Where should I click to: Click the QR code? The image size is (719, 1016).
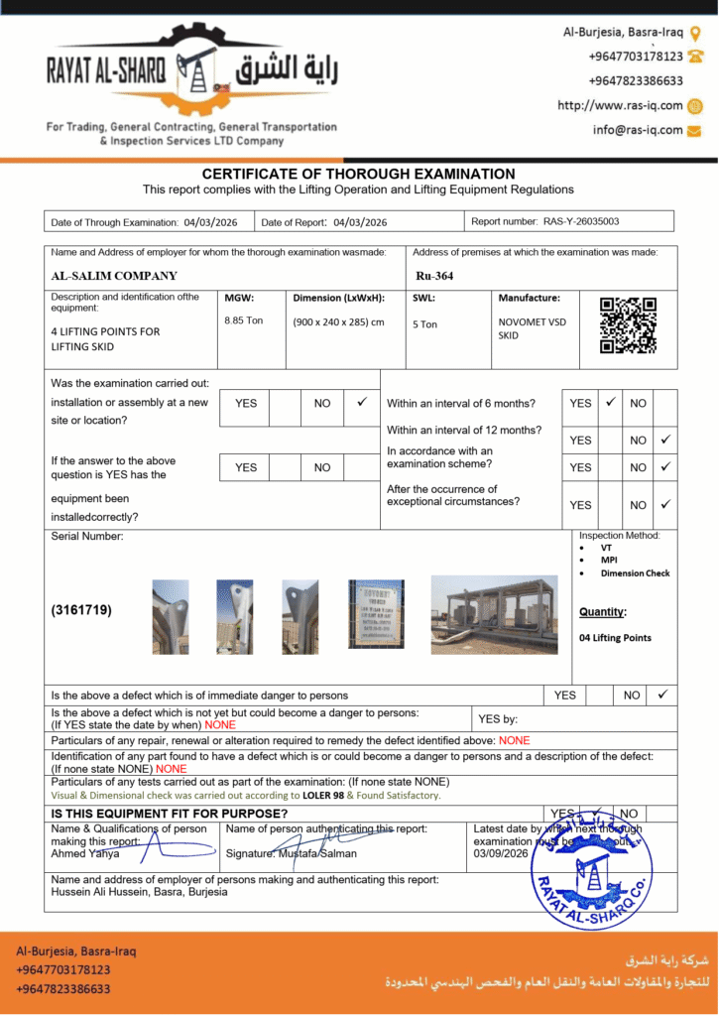pos(628,324)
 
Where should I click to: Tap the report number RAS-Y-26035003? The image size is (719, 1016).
pos(580,221)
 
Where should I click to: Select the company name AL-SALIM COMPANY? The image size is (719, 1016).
pos(114,276)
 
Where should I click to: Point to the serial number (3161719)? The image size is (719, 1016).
pos(81,610)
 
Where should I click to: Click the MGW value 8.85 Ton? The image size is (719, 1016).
pos(244,320)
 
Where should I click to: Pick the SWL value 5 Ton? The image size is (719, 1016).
pos(424,324)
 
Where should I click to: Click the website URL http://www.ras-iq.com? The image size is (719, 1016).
pos(620,105)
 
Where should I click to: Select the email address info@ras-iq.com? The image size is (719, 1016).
pos(638,129)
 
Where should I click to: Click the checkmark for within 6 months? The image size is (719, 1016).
pos(611,402)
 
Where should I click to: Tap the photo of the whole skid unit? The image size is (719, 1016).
pos(493,615)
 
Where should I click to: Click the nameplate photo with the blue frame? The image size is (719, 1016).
pos(376,614)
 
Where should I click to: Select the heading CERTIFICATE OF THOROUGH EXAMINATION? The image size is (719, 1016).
pos(358,174)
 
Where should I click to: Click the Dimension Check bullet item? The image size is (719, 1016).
pos(635,572)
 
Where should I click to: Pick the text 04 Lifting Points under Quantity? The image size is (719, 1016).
pos(615,638)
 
